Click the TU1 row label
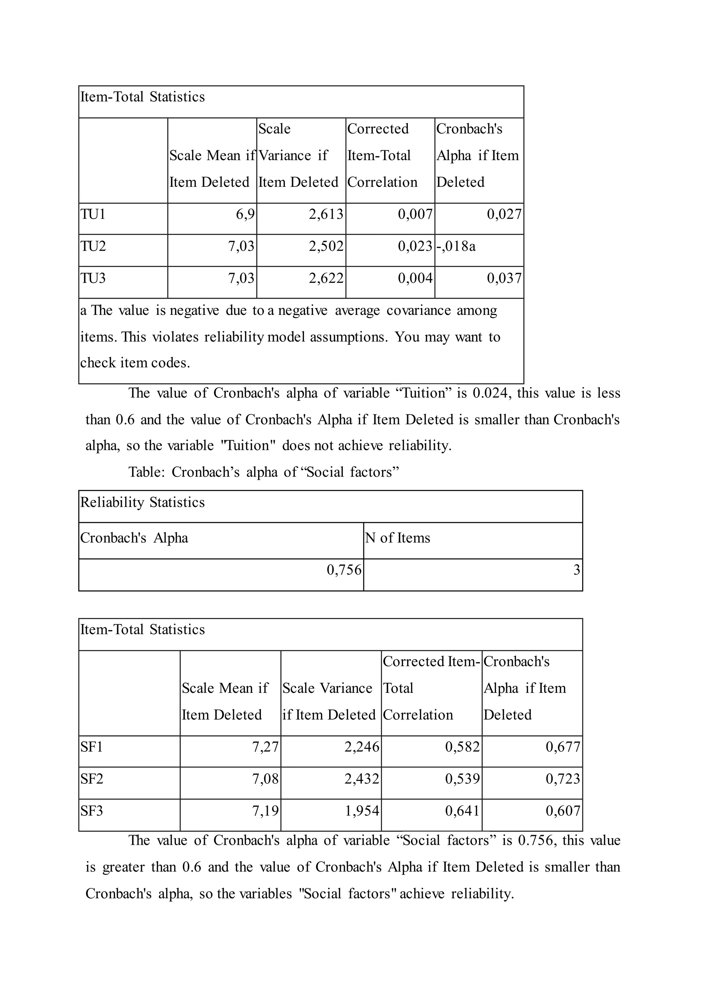click(x=93, y=215)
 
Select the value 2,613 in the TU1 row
click(x=326, y=215)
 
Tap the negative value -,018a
click(x=456, y=246)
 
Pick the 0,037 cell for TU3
click(x=504, y=278)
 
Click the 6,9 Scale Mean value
click(x=245, y=215)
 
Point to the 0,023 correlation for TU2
click(x=415, y=246)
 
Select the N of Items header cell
click(x=397, y=538)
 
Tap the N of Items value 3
click(x=576, y=569)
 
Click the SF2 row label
click(x=92, y=779)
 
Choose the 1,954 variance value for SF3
click(x=362, y=811)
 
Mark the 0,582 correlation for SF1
click(x=462, y=747)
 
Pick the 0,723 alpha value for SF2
click(x=563, y=779)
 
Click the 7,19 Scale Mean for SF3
click(x=265, y=811)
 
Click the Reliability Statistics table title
click(x=143, y=502)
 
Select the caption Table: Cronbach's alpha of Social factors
click(x=263, y=472)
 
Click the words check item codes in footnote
click(x=135, y=363)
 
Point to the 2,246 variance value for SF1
click(x=362, y=747)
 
